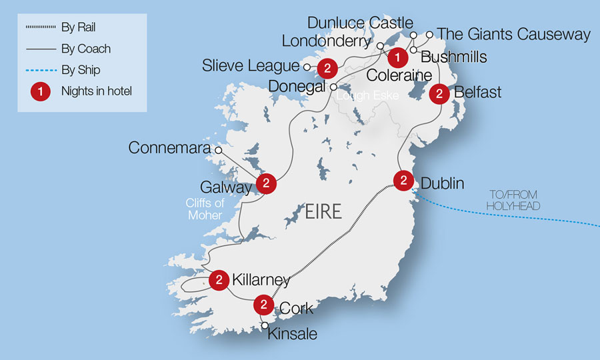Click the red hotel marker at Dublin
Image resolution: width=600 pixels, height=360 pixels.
pos(403,181)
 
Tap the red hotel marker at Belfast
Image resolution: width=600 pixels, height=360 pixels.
pos(439,94)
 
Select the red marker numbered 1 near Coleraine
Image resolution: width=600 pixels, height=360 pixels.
pos(397,57)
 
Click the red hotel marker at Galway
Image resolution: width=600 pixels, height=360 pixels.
pos(266,183)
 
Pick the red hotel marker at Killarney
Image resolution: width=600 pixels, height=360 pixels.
pos(219,281)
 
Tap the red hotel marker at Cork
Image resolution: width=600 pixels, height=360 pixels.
pos(264,305)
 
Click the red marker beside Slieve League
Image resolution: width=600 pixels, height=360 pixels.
pos(327,67)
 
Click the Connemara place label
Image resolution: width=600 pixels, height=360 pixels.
pos(169,147)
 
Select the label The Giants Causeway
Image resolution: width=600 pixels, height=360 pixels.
pos(514,34)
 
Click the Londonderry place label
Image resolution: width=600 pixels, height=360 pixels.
pos(325,41)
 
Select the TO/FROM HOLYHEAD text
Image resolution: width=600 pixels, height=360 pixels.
pos(513,200)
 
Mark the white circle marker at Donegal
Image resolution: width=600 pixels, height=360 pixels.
pos(333,87)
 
